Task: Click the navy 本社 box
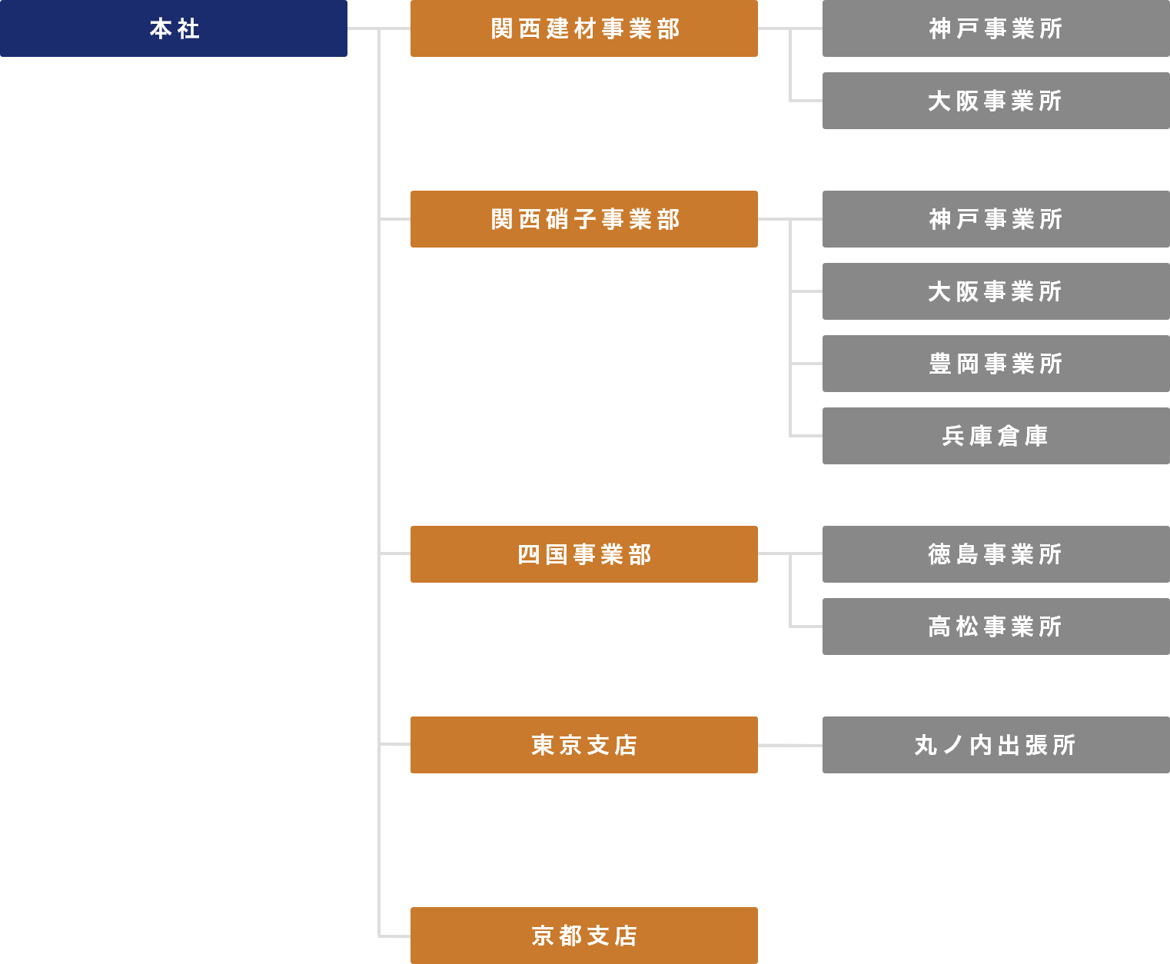pyautogui.click(x=173, y=28)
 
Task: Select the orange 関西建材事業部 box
pyautogui.click(x=583, y=28)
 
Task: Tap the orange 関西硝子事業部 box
pyautogui.click(x=583, y=219)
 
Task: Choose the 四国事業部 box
pyautogui.click(x=583, y=554)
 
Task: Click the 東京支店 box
pyautogui.click(x=583, y=745)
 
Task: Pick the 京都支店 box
pyautogui.click(x=583, y=936)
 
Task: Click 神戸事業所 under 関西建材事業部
pyautogui.click(x=995, y=28)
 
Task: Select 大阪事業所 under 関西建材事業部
pyautogui.click(x=995, y=101)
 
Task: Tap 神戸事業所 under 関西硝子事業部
pyautogui.click(x=995, y=219)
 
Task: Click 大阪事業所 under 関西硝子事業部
pyautogui.click(x=995, y=291)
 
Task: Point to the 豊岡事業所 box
pyautogui.click(x=995, y=364)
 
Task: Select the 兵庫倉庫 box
pyautogui.click(x=995, y=436)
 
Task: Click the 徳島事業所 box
pyautogui.click(x=995, y=554)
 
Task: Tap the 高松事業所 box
pyautogui.click(x=995, y=627)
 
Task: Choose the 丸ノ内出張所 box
pyautogui.click(x=995, y=745)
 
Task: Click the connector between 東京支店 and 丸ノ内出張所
pyautogui.click(x=789, y=745)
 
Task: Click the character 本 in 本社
pyautogui.click(x=161, y=29)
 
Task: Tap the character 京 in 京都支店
pyautogui.click(x=543, y=936)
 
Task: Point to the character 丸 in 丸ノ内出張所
pyautogui.click(x=926, y=746)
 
